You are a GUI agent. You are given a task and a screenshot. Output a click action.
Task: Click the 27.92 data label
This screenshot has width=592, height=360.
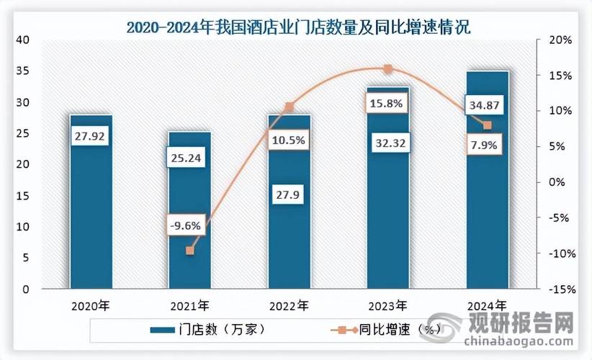(x=91, y=137)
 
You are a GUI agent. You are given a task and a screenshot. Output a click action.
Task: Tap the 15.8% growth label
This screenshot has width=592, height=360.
(x=387, y=105)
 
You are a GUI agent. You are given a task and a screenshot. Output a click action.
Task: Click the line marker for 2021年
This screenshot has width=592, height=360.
(x=190, y=250)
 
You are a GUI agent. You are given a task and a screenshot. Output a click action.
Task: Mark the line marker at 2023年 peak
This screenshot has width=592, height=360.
(x=387, y=69)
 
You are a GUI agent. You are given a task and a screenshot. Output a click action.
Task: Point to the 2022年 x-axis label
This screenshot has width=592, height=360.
(x=290, y=305)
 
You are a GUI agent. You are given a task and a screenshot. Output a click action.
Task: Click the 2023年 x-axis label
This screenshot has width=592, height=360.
(x=388, y=305)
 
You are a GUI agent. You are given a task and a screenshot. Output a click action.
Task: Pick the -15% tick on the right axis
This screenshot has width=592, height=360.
(x=560, y=289)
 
